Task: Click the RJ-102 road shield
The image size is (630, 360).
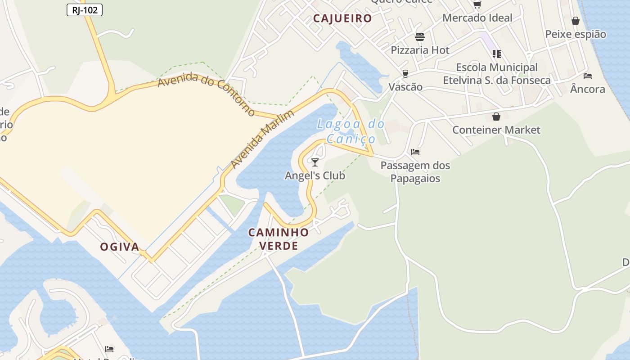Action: tap(85, 10)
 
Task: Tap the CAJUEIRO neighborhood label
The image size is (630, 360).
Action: tap(342, 18)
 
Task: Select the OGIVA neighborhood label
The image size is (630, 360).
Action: tap(119, 247)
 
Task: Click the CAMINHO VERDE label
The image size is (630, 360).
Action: tap(279, 239)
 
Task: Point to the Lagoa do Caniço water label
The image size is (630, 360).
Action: tap(351, 131)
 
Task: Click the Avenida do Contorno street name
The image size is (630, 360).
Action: tap(207, 94)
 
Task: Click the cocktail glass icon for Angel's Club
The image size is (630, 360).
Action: tap(315, 162)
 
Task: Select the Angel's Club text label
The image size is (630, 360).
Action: tap(315, 175)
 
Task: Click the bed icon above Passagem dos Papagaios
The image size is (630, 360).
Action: tap(415, 152)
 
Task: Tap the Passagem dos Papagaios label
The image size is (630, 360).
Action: tap(415, 172)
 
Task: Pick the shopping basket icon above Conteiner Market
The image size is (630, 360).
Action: tap(496, 117)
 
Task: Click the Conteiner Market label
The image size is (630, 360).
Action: tap(496, 130)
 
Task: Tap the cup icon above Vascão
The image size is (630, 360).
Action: tap(405, 73)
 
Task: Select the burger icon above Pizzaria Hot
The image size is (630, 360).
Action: tap(420, 36)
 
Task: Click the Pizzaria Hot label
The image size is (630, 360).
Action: tap(420, 50)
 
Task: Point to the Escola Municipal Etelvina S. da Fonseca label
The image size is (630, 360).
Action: tap(497, 74)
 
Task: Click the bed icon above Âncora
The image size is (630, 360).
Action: tap(587, 76)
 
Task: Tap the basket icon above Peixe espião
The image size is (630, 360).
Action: tap(576, 21)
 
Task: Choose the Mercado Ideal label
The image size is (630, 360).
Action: tap(477, 18)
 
